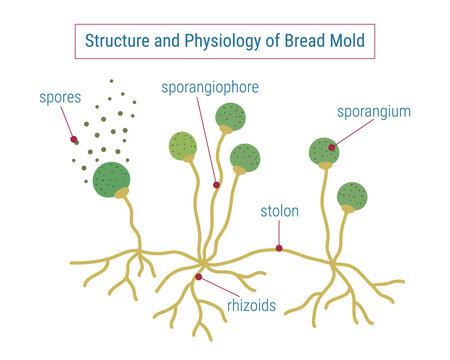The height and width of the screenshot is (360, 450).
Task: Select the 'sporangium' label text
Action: pyautogui.click(x=373, y=112)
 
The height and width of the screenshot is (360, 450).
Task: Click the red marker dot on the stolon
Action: pyautogui.click(x=279, y=248)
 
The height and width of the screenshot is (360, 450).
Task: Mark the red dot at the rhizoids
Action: pyautogui.click(x=199, y=277)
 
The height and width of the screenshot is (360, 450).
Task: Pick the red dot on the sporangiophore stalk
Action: pyautogui.click(x=216, y=184)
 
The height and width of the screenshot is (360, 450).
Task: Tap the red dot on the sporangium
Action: pyautogui.click(x=331, y=148)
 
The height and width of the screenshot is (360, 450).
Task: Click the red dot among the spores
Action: pyautogui.click(x=73, y=139)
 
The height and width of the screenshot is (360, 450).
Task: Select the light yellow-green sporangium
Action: pyautogui.click(x=182, y=147)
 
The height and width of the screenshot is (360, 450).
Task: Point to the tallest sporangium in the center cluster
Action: pyautogui.click(x=227, y=115)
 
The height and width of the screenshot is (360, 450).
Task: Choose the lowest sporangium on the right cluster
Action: pyautogui.click(x=352, y=195)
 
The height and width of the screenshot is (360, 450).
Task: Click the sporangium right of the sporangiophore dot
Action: pyautogui.click(x=245, y=158)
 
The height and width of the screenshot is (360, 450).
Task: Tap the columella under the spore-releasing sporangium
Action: pyautogui.click(x=123, y=192)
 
